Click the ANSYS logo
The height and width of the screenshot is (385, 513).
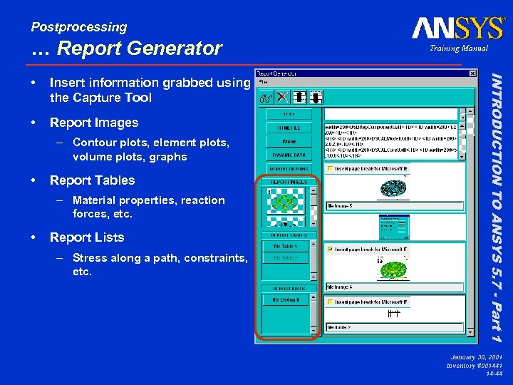click(457, 28)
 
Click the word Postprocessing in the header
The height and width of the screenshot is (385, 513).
click(78, 27)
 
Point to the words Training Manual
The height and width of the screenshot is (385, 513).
click(458, 48)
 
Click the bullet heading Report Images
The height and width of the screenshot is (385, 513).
click(94, 123)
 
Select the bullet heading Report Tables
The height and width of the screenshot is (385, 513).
click(92, 180)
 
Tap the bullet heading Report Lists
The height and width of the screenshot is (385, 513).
click(87, 237)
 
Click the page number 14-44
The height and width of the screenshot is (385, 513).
click(492, 373)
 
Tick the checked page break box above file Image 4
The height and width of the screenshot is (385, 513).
click(331, 250)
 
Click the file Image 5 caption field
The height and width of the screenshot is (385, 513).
click(394, 206)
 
